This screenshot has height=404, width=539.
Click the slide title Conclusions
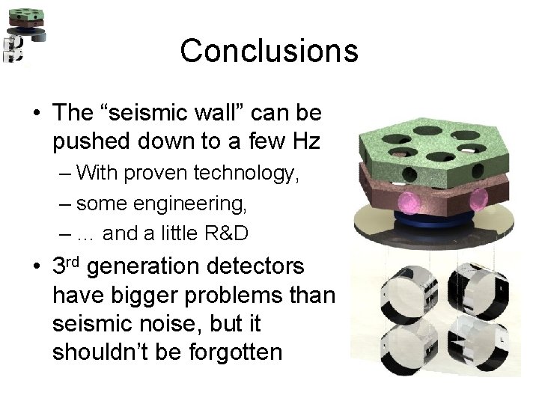point(269,51)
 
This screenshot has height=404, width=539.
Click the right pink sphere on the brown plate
point(478,199)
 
